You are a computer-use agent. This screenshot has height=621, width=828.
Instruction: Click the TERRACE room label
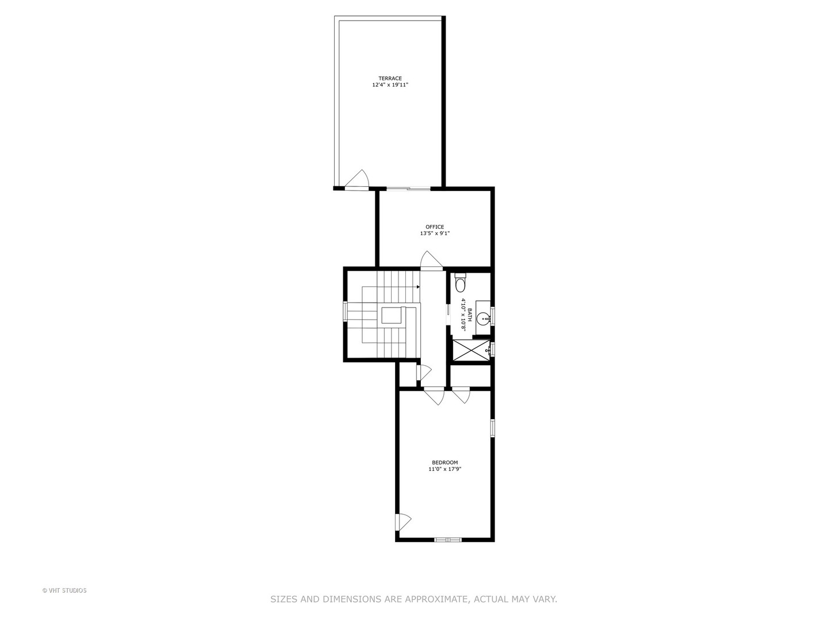[390, 78]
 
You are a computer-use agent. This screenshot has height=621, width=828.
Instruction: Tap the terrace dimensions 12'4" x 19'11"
[390, 85]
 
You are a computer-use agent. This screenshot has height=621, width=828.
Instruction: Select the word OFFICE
[435, 227]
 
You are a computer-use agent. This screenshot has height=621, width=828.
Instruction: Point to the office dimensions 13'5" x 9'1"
[435, 233]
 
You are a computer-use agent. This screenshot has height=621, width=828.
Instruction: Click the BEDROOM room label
[445, 462]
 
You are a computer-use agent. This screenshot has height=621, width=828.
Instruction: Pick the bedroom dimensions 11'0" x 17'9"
[445, 469]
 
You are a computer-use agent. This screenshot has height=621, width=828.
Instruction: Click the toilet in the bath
[460, 284]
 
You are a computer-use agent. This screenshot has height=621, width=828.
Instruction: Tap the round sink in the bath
[485, 317]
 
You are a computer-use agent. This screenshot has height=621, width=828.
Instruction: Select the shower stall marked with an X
[470, 350]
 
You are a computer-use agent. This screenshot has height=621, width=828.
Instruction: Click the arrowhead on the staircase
[418, 287]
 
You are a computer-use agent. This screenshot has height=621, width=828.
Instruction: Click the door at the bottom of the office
[431, 260]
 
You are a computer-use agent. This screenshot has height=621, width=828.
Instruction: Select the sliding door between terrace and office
[408, 188]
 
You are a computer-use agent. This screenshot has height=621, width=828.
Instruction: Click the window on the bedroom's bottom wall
[448, 539]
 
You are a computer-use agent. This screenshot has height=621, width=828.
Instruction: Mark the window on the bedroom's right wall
[492, 428]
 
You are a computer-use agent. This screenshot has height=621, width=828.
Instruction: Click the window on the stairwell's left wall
[345, 311]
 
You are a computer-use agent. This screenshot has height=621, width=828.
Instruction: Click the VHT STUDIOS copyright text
[64, 591]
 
